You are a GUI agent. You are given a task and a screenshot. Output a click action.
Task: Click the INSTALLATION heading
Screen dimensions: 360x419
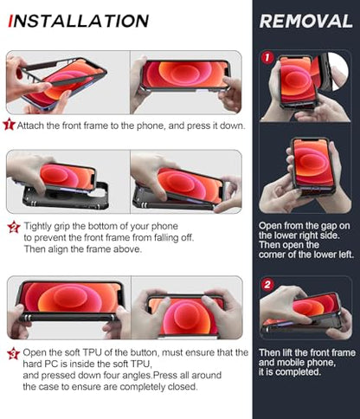[79, 21]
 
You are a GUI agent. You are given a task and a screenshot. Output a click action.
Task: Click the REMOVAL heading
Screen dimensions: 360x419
[306, 22]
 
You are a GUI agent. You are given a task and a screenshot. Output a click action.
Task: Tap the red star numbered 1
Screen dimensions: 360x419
[9, 124]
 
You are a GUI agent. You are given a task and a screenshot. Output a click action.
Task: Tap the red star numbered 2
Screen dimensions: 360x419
[14, 227]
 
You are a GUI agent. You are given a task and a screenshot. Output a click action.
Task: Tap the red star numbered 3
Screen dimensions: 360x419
[13, 354]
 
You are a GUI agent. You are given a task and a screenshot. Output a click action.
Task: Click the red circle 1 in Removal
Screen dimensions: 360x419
[267, 57]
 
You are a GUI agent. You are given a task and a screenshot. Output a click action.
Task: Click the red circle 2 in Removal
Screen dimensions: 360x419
[267, 285]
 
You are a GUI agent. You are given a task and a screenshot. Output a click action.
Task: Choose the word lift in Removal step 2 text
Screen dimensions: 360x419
[289, 352]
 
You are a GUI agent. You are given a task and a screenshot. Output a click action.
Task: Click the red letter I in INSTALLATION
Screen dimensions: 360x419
[11, 21]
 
